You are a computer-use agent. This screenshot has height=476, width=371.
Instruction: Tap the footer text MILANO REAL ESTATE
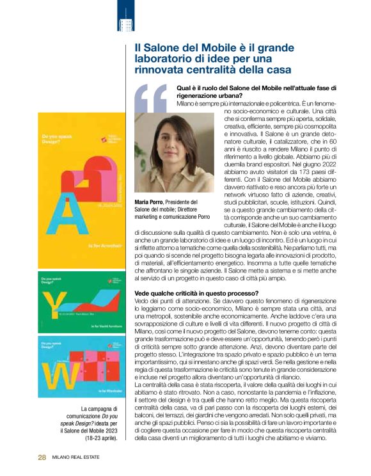point(78,457)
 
